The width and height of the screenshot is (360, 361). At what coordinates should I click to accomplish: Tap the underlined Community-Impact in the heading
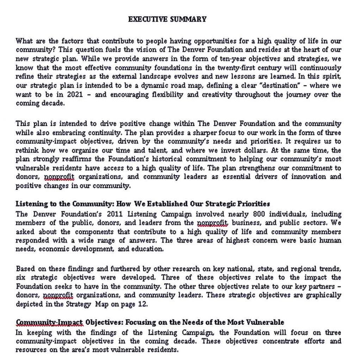(49, 322)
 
